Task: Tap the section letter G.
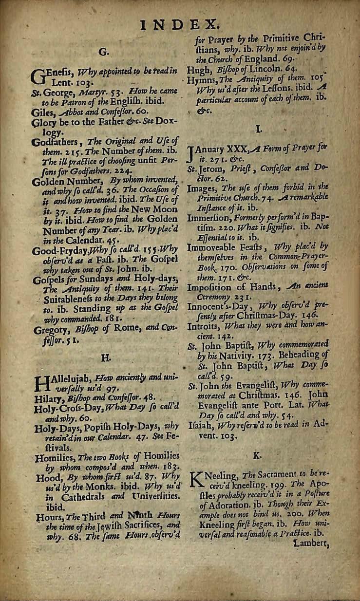point(103,50)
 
